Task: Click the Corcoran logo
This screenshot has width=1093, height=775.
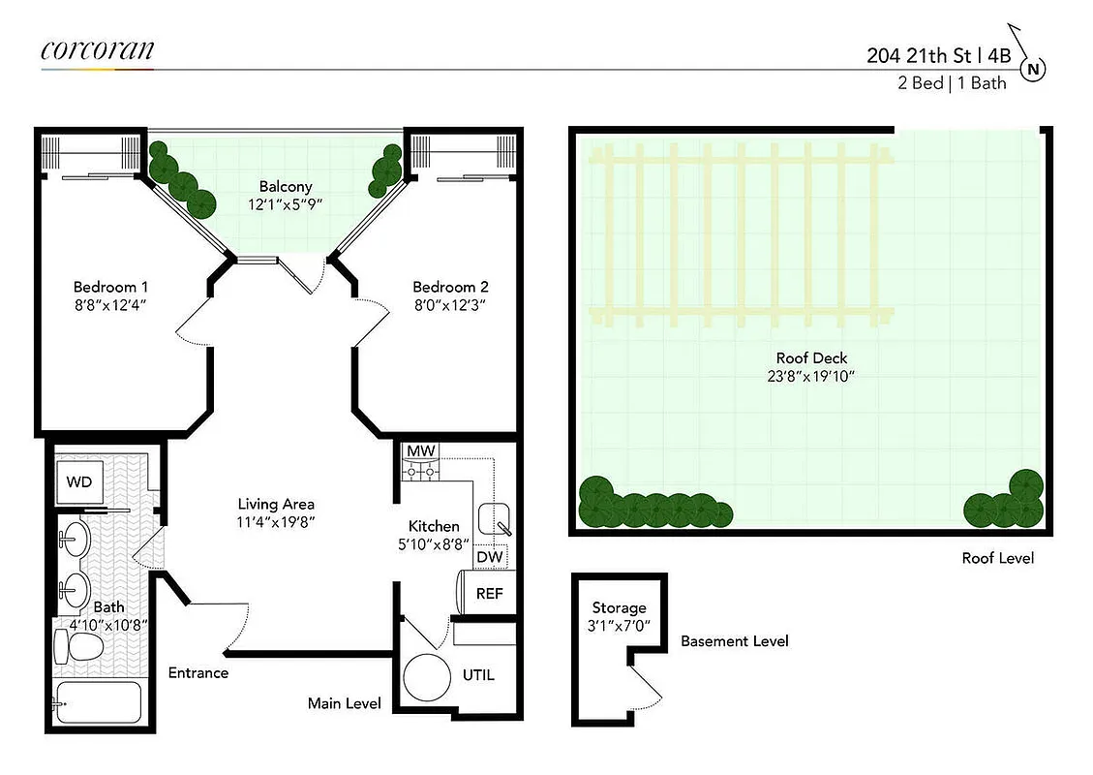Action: pyautogui.click(x=97, y=49)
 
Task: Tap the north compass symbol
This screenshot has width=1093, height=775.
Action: pyautogui.click(x=1034, y=69)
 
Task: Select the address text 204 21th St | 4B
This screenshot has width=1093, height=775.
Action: pyautogui.click(x=938, y=55)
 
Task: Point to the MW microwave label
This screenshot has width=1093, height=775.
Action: pyautogui.click(x=420, y=451)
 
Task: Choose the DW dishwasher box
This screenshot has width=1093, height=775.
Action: pyautogui.click(x=488, y=558)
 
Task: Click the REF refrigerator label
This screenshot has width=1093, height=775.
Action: pyautogui.click(x=489, y=593)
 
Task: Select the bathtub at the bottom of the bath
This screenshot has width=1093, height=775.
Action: pyautogui.click(x=98, y=704)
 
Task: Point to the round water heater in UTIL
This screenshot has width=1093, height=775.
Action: pyautogui.click(x=428, y=679)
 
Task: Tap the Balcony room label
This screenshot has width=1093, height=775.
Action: pyautogui.click(x=285, y=186)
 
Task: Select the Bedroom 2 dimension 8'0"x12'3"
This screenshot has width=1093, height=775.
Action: pyautogui.click(x=449, y=304)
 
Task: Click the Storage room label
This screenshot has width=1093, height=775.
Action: pyautogui.click(x=619, y=607)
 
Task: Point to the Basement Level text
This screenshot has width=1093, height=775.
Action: pyautogui.click(x=734, y=641)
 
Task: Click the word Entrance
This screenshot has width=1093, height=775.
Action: pyautogui.click(x=197, y=672)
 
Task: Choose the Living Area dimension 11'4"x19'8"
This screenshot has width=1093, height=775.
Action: pyautogui.click(x=276, y=521)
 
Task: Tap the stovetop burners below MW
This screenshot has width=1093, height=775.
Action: pyautogui.click(x=420, y=471)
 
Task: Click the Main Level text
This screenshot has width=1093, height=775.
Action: pyautogui.click(x=344, y=703)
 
